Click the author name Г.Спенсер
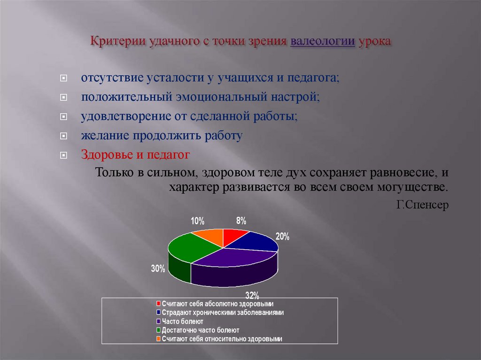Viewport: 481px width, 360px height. click(422, 205)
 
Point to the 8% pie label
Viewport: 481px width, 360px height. click(241, 220)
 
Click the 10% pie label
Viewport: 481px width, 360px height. click(197, 220)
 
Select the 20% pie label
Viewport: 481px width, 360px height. click(282, 237)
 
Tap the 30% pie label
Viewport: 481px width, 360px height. click(158, 269)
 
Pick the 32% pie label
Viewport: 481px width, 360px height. click(252, 295)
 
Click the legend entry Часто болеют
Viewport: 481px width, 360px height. click(182, 322)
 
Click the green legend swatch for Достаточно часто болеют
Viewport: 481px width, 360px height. click(159, 330)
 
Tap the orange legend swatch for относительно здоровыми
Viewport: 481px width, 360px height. click(159, 338)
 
